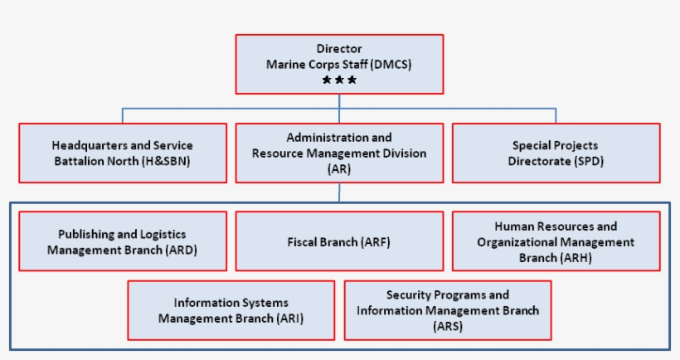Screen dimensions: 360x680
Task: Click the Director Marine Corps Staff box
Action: coord(339,63)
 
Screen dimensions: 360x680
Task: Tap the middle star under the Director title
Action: coord(339,80)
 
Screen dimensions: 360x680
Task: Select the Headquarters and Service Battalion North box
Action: coord(122,153)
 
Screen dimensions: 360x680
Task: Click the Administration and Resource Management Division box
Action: coord(339,153)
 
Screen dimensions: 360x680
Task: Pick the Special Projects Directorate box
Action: coord(556,153)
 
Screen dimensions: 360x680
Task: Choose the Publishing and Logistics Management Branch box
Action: coord(122,241)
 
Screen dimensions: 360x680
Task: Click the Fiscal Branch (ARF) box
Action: coord(339,241)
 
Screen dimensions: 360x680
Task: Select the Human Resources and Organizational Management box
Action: coord(556,241)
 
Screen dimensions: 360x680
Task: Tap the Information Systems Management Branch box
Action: coord(231,310)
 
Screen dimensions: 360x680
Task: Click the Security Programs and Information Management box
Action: coord(448,310)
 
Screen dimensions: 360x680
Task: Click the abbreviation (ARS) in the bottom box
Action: coord(448,326)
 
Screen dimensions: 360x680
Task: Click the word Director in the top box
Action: coord(339,49)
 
